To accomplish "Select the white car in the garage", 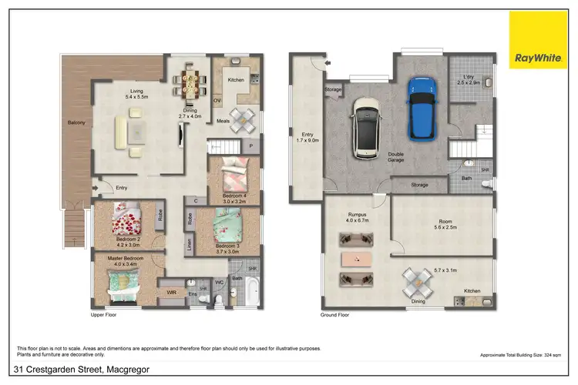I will coord(365,129).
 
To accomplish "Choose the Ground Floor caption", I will coord(334,315).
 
